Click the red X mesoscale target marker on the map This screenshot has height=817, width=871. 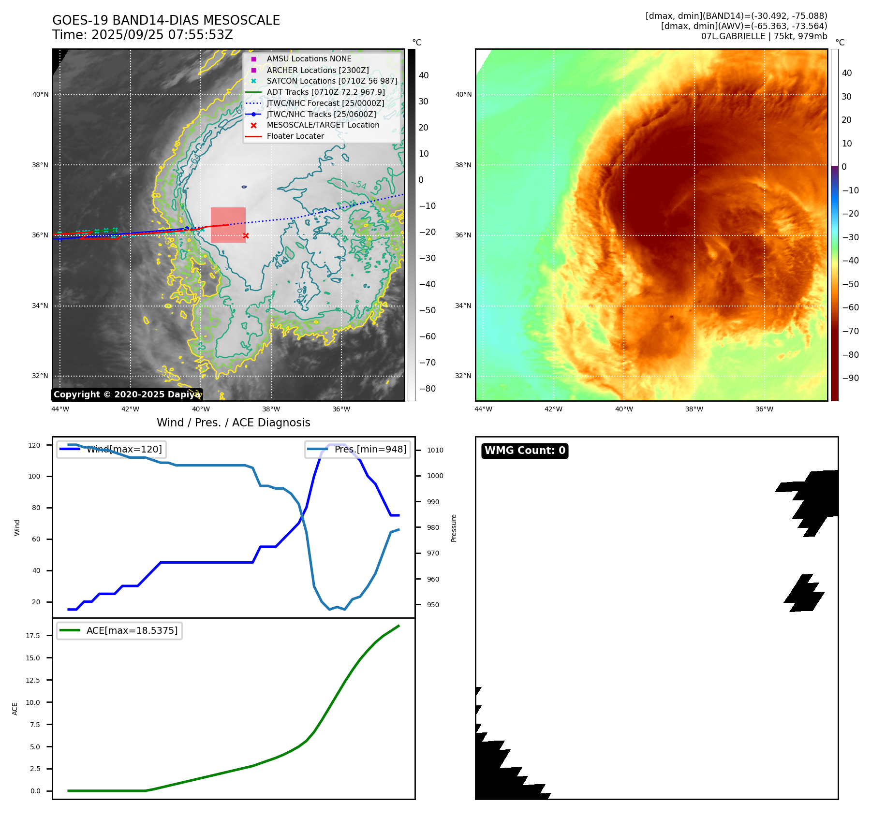click(x=246, y=236)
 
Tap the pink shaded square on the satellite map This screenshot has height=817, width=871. click(x=228, y=225)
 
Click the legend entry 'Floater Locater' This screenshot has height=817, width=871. click(x=295, y=136)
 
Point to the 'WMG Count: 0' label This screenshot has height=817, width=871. click(x=525, y=451)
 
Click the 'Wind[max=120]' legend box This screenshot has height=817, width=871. click(x=111, y=450)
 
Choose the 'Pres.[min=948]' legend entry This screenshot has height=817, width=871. click(x=358, y=450)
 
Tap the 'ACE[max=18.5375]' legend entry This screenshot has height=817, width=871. click(x=119, y=631)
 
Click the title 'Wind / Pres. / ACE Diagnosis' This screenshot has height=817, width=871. click(x=233, y=423)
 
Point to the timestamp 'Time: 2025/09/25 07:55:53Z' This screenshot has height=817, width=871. click(x=143, y=35)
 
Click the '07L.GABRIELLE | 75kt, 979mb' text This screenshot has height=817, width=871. click(x=764, y=36)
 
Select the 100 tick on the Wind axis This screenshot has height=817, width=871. click(x=34, y=476)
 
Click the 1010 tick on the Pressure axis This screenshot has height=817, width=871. click(x=435, y=450)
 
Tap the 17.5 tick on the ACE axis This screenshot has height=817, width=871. click(x=33, y=636)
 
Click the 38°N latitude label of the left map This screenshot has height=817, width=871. click(x=40, y=165)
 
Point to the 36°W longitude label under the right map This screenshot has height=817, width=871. click(x=764, y=409)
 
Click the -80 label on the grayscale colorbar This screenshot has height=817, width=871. click(x=427, y=389)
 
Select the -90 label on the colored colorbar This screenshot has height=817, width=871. click(x=850, y=378)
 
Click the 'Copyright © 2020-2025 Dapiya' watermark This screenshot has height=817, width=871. click(x=127, y=394)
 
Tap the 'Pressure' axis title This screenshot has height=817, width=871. click(x=454, y=528)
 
